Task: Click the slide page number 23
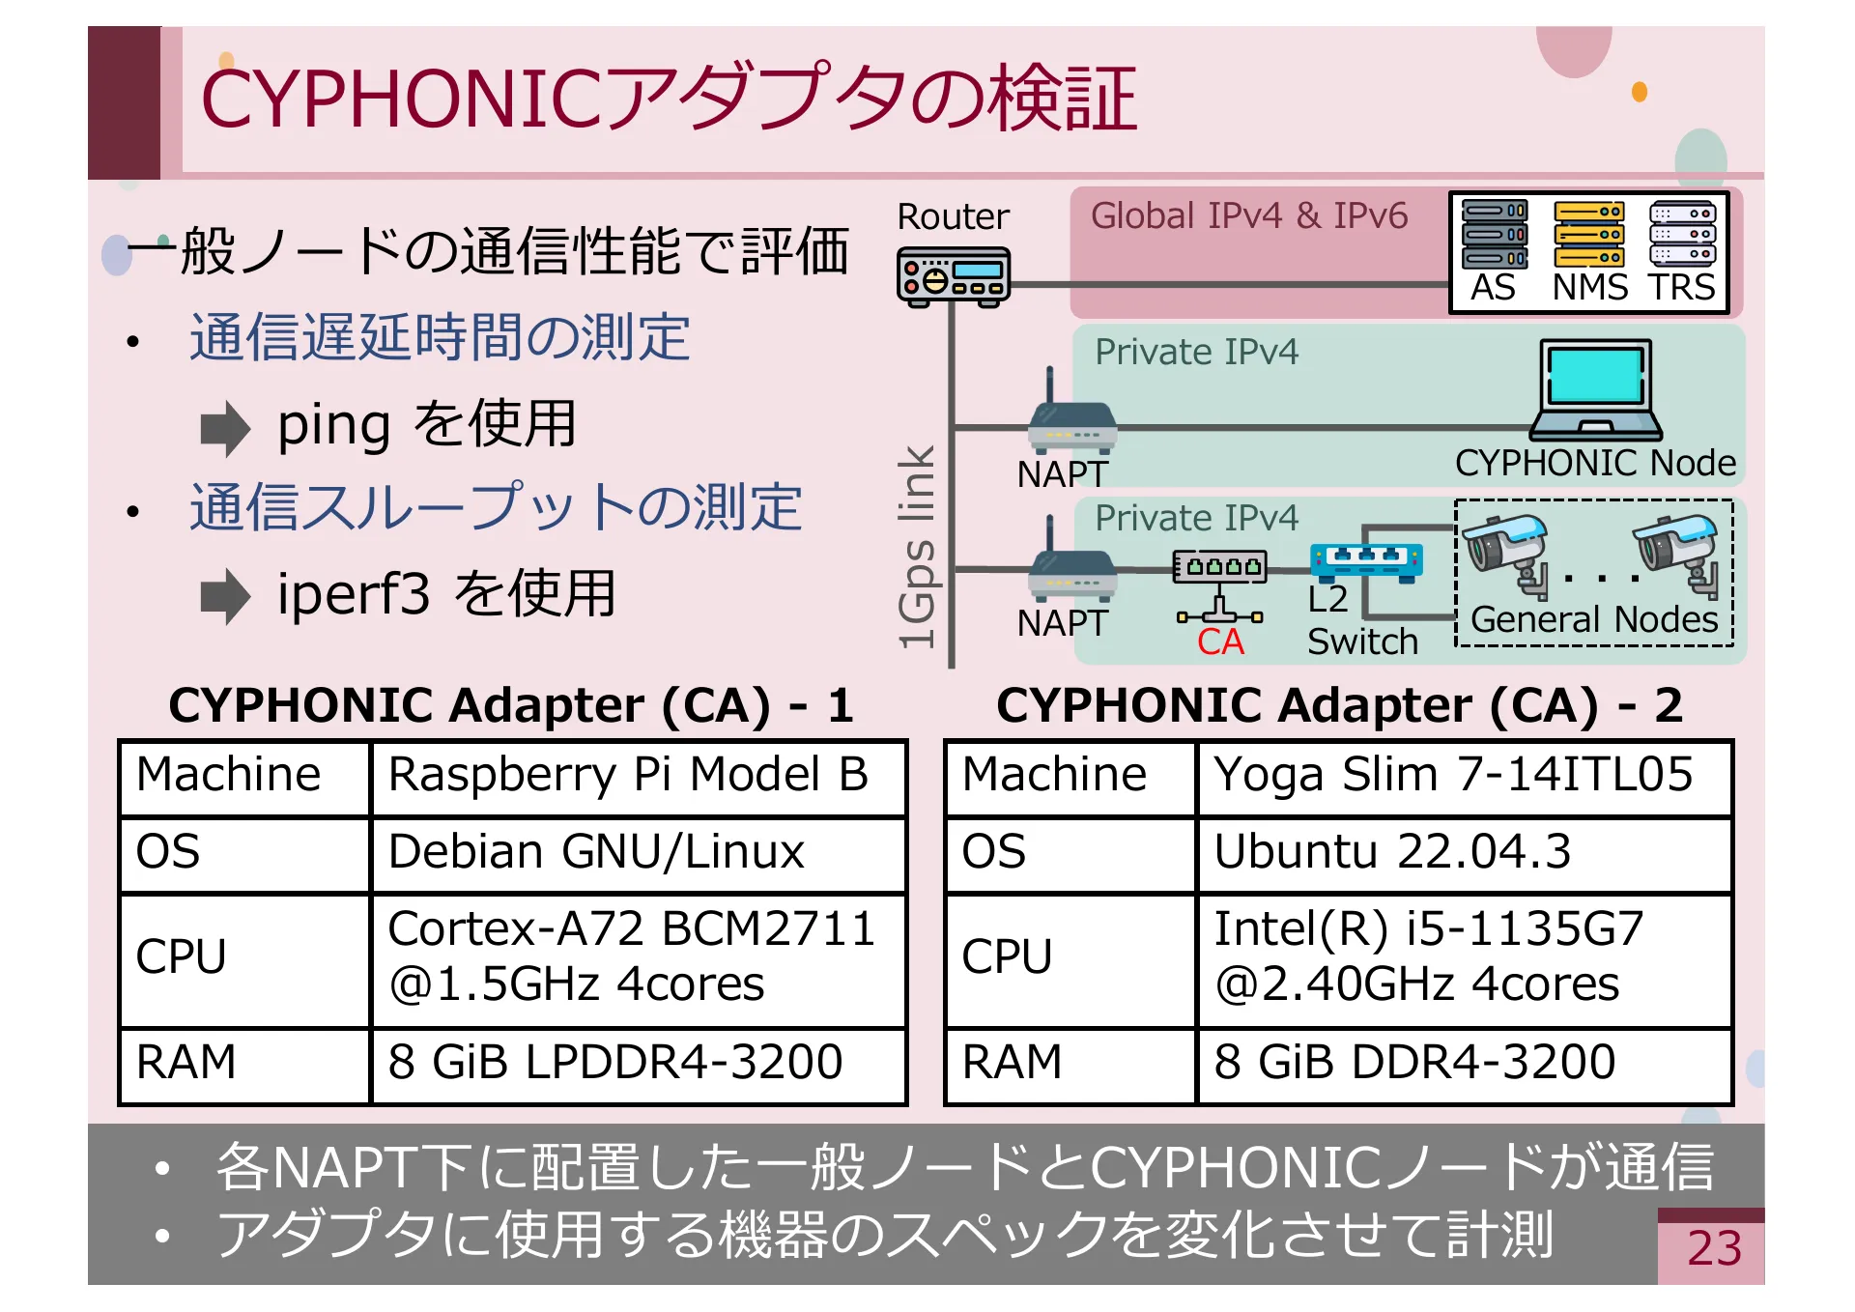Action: click(1714, 1248)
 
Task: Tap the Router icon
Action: click(954, 276)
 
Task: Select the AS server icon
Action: click(1494, 234)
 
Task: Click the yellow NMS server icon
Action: click(1589, 234)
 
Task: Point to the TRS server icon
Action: click(1682, 234)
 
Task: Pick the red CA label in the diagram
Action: click(1220, 642)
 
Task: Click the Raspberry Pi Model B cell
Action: click(638, 777)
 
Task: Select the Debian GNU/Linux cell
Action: click(638, 854)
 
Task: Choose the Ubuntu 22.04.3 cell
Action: click(1463, 854)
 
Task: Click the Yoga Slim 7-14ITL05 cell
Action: click(1463, 777)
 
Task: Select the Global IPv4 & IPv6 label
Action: click(1249, 216)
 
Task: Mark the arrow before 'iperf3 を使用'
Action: click(225, 596)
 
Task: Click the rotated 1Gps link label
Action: click(917, 547)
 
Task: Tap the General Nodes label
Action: click(1594, 619)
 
